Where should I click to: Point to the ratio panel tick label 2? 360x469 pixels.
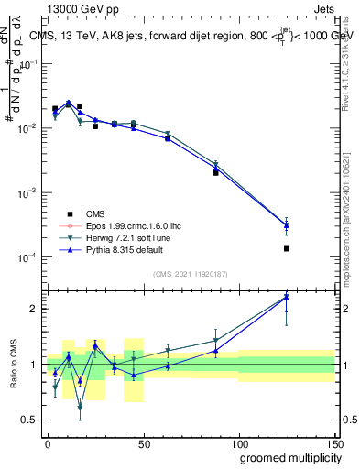(34, 309)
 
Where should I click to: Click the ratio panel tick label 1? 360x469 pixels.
(34, 365)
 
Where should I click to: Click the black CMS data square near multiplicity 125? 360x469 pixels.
(287, 248)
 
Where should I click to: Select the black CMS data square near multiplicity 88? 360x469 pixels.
(215, 172)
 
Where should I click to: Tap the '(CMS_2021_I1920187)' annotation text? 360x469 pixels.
(191, 274)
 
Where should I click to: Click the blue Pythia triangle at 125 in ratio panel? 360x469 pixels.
(287, 297)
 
